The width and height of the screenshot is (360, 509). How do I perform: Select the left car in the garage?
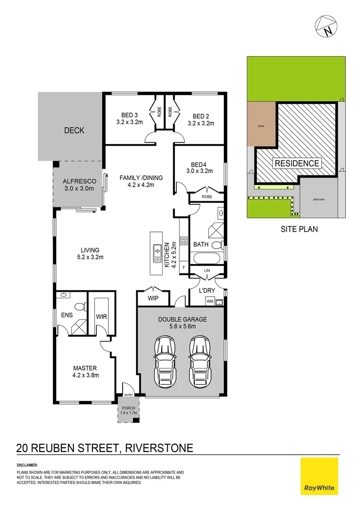pos(165,356)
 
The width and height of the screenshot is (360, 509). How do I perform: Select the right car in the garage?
pos(199,356)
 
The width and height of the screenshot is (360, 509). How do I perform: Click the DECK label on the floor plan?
pos(74,130)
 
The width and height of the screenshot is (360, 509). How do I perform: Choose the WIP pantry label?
pos(153,298)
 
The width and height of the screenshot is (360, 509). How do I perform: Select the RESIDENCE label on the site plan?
pos(297,164)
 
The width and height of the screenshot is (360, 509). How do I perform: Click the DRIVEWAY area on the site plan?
pos(319,199)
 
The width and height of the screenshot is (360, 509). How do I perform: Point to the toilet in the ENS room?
pos(82,307)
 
